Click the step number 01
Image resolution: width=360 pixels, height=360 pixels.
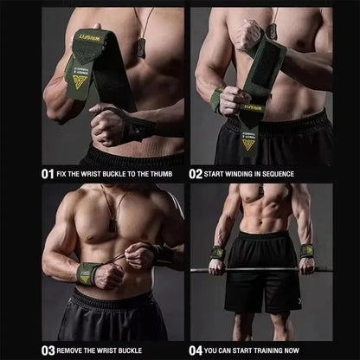48,173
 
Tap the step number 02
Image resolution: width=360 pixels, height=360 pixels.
196,173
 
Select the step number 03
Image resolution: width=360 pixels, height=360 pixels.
48,350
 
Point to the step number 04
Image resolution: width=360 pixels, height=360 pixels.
196,350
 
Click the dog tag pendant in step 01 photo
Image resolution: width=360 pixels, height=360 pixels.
140,48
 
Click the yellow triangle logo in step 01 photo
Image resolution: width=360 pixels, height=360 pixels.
80,81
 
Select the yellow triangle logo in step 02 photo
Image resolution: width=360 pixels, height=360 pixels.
248,144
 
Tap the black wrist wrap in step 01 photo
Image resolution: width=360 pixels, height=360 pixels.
133,130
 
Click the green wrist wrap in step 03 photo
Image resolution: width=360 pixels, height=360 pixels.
88,273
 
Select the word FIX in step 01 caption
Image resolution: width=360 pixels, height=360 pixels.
66,173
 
